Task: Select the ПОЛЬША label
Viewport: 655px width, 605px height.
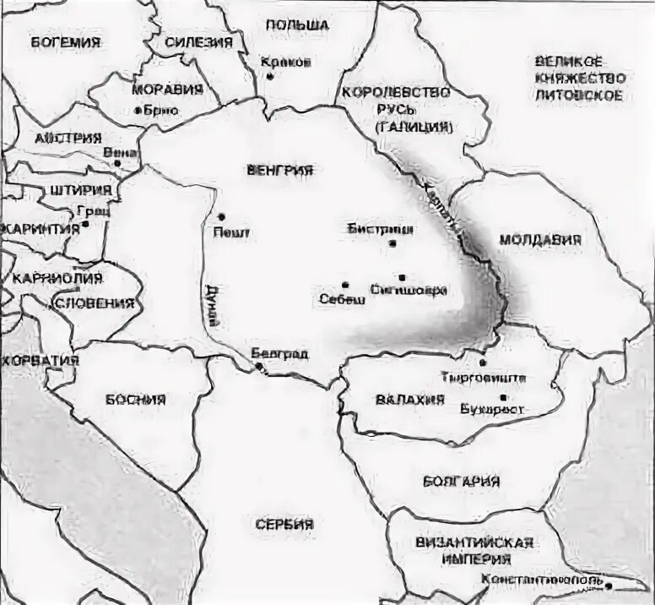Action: [296, 26]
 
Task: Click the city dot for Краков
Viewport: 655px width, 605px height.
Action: [270, 76]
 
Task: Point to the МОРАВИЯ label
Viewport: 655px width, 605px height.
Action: [167, 89]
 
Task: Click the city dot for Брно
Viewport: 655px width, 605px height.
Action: [138, 110]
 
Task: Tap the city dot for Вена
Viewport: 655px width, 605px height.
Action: [118, 163]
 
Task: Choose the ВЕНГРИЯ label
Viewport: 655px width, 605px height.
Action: [279, 170]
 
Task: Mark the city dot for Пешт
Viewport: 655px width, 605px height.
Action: [222, 216]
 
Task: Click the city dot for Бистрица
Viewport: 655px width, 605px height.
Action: [393, 243]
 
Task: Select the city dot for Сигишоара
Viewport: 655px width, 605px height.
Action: [402, 277]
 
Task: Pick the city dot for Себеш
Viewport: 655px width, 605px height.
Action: [345, 285]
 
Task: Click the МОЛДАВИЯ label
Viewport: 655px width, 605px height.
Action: [540, 240]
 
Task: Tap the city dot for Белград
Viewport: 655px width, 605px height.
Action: [259, 366]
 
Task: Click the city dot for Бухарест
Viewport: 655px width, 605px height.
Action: [503, 397]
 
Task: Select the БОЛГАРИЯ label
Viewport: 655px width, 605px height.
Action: [461, 481]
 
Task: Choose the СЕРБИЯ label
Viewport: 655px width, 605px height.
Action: [284, 524]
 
